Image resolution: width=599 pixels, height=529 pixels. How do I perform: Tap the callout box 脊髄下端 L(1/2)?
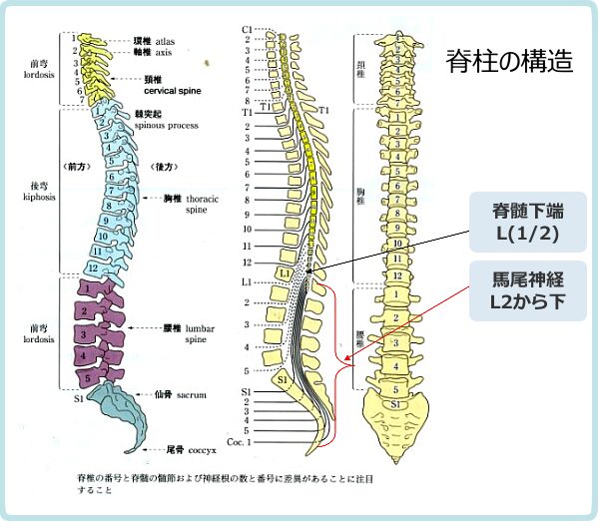tap(526, 223)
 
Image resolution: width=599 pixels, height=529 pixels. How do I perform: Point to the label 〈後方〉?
tap(163, 166)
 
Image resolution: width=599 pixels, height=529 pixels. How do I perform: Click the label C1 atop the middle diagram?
tap(248, 30)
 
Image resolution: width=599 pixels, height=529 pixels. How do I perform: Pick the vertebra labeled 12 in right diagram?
tap(397, 276)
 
